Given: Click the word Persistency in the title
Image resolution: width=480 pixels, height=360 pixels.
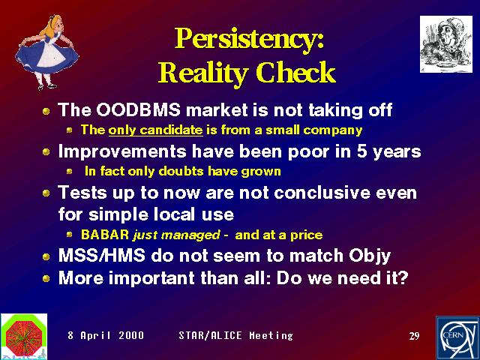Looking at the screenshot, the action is [247, 40].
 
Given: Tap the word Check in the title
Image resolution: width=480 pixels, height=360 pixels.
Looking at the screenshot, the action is [296, 72].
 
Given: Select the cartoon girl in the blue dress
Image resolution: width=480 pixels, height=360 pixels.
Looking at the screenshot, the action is [46, 52].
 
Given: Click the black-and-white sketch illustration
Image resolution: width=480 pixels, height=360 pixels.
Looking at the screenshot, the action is [446, 44].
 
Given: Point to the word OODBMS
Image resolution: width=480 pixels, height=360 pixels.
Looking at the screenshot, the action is [138, 109].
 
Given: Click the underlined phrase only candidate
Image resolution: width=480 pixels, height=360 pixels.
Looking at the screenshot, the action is [155, 130].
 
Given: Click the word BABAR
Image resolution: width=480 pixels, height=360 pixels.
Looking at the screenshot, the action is [105, 235].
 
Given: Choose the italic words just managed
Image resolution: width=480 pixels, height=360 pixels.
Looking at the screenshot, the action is [177, 235].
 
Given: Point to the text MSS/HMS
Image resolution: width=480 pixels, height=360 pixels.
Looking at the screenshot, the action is [102, 255].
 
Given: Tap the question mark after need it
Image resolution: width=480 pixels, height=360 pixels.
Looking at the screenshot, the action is [403, 278].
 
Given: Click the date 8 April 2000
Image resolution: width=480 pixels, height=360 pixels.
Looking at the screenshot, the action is [106, 335].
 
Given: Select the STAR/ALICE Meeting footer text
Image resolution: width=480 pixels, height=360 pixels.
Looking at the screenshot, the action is [235, 335].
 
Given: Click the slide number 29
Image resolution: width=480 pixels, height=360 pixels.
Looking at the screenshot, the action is [414, 336].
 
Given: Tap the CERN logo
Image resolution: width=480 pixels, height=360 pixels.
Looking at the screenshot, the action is [458, 338].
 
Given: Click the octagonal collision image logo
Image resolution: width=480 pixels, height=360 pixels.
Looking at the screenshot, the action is [24, 335].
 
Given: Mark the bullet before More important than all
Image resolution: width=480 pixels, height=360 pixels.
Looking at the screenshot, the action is [46, 278].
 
